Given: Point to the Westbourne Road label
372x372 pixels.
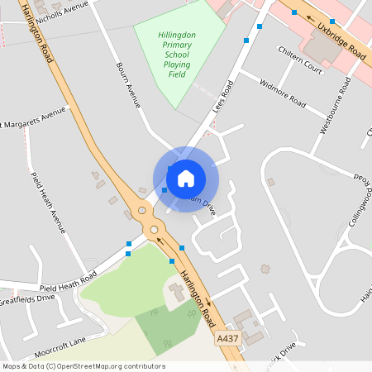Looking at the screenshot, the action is pos(331,107).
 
